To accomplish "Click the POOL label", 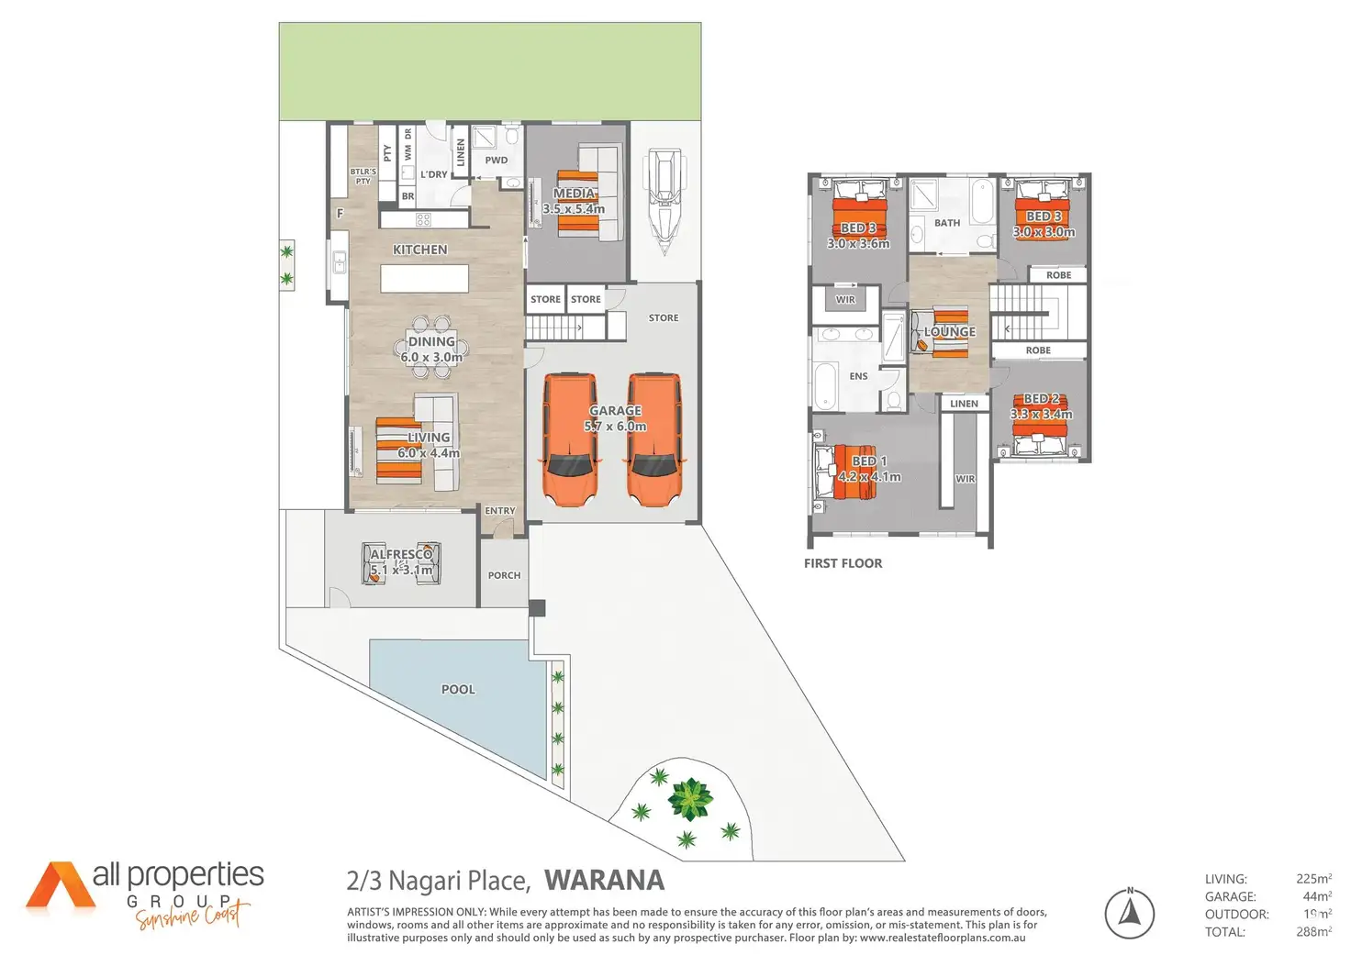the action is point(458,689).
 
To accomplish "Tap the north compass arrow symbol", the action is point(1130,913).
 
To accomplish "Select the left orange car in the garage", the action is point(570,439).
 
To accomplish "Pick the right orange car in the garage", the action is point(654,439).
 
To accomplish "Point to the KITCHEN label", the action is point(420,250).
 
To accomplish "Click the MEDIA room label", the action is point(575,194).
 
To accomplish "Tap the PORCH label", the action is point(504,575).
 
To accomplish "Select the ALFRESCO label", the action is point(401,554).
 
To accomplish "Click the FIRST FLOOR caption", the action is point(843,563).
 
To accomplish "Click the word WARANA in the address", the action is point(604,881).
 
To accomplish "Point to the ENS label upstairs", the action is point(858,376).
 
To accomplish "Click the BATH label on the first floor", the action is point(947,223).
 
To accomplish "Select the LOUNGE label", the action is point(950,331).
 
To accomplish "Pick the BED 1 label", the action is point(869,461).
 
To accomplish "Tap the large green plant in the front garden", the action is point(689,799).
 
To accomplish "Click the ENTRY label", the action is point(500,510).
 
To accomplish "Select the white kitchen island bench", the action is point(424,278).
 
